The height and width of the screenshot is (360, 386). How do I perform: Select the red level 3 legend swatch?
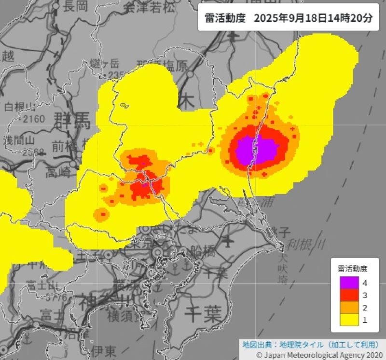[x=349, y=295]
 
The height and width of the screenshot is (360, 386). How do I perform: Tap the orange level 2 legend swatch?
[x=349, y=307]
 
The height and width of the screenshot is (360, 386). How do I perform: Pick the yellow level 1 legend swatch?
[x=349, y=319]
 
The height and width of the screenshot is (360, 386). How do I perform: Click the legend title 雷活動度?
[x=352, y=268]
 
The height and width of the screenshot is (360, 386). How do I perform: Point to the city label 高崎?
[x=58, y=172]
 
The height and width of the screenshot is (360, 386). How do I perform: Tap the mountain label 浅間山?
[x=19, y=140]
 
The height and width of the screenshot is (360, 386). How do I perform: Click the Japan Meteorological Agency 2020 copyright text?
[x=321, y=354]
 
